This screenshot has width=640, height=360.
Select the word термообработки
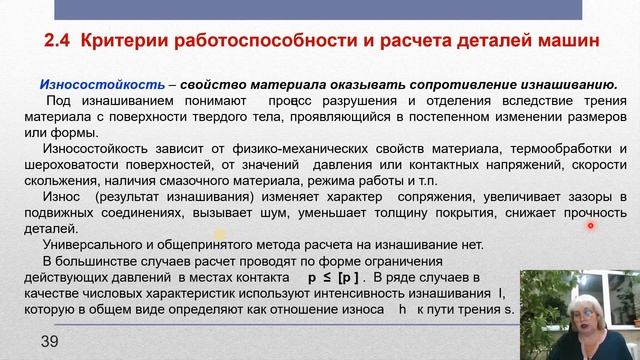coord(558,149)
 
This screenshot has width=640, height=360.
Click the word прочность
coord(588,213)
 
